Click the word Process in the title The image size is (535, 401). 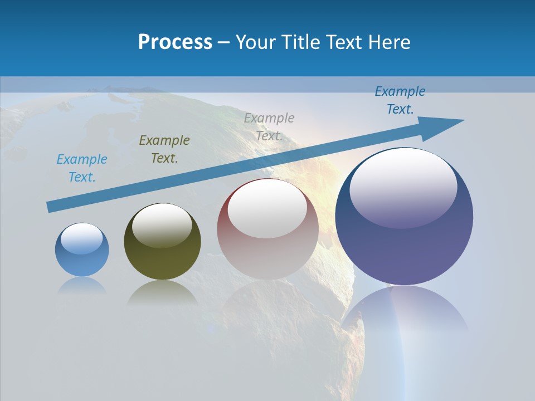pyautogui.click(x=175, y=42)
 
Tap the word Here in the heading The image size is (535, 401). pyautogui.click(x=390, y=42)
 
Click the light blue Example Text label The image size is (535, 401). pyautogui.click(x=82, y=168)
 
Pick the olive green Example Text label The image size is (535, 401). pyautogui.click(x=164, y=149)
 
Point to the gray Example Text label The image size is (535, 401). pyautogui.click(x=269, y=127)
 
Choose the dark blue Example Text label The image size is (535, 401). pyautogui.click(x=400, y=100)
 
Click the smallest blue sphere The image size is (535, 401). pyautogui.click(x=82, y=259)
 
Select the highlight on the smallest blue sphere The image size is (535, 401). pyautogui.click(x=82, y=238)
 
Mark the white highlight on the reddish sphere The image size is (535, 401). pyautogui.click(x=267, y=209)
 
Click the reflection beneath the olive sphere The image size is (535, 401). pyautogui.click(x=162, y=293)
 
